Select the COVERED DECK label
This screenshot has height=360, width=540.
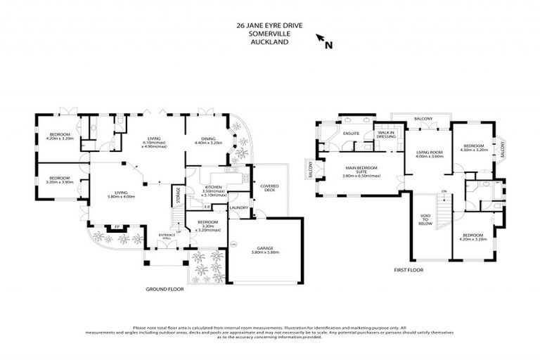pyautogui.click(x=270, y=188)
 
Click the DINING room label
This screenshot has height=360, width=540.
pyautogui.click(x=207, y=139)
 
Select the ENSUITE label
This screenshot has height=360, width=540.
pyautogui.click(x=352, y=133)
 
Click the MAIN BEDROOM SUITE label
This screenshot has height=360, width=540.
pyautogui.click(x=361, y=170)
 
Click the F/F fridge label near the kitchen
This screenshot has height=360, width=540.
pyautogui.click(x=207, y=207)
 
